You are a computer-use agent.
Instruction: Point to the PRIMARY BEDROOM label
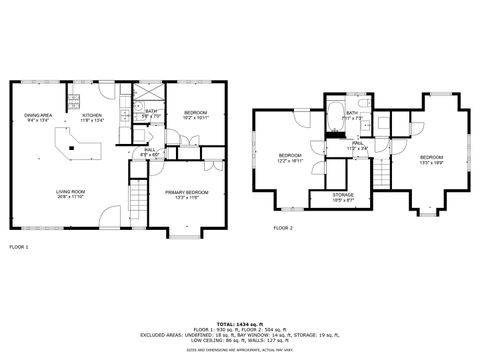(187, 194)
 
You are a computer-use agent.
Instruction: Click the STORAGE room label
(344, 198)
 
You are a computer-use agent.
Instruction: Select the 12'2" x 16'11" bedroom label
(290, 158)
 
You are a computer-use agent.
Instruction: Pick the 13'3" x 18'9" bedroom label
(431, 160)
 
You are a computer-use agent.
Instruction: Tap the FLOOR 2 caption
(284, 228)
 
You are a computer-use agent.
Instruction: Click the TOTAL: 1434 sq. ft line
(239, 323)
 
